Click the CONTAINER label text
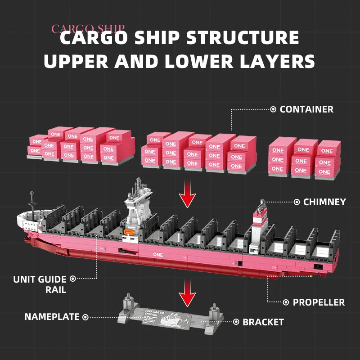[x=306, y=109]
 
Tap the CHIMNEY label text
[x=324, y=202]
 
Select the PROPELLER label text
[x=319, y=302]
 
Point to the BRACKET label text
[x=263, y=322]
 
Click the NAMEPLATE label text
[x=52, y=317]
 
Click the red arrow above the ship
[x=188, y=196]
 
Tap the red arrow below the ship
[x=188, y=297]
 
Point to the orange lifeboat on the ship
[x=128, y=232]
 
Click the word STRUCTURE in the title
[x=237, y=38]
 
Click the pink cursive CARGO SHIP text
[x=88, y=29]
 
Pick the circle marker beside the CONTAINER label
[x=273, y=109]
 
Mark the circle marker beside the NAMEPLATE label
[x=85, y=317]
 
